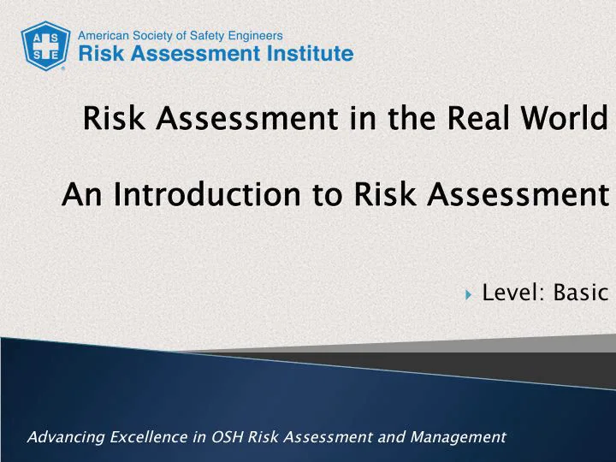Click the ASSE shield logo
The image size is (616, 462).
click(45, 45)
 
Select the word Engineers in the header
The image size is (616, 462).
click(255, 36)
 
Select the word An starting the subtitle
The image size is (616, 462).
click(80, 195)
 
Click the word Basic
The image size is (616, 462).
click(579, 293)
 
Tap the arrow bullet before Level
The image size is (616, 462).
click(468, 295)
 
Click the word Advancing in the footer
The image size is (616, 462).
click(64, 437)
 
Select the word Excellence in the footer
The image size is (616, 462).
click(148, 437)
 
